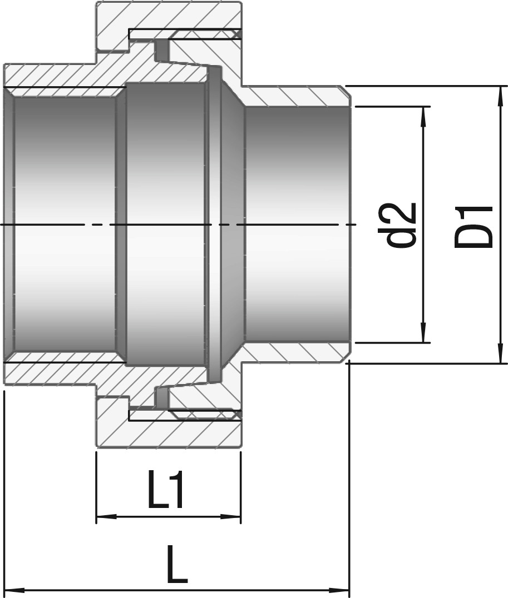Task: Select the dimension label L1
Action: point(166,490)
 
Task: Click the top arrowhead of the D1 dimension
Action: point(500,96)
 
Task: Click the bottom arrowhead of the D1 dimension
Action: point(500,354)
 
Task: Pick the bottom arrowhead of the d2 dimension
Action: point(423,333)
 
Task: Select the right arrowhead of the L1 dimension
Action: point(231,517)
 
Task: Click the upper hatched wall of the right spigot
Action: point(294,97)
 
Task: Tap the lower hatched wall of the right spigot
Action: point(294,352)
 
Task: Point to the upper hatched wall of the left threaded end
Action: point(65,76)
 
